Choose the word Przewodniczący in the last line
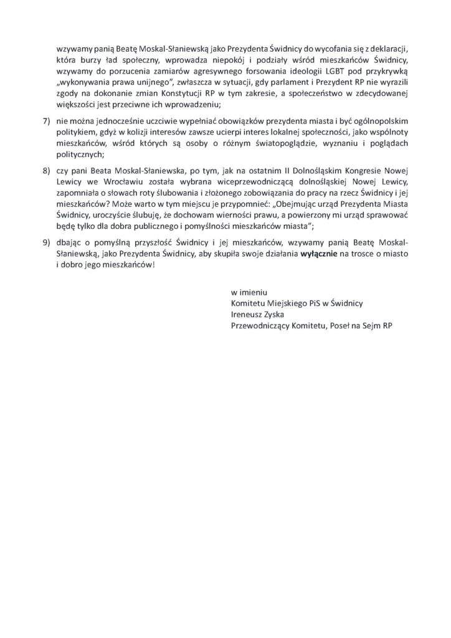(260, 325)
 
